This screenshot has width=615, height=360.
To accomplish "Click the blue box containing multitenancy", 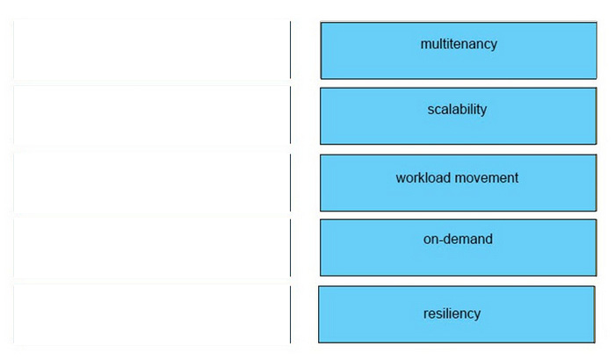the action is (459, 51).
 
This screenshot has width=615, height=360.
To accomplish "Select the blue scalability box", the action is (458, 116).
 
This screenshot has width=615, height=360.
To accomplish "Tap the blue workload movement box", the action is (458, 183).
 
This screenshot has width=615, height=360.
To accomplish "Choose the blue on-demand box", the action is (458, 248).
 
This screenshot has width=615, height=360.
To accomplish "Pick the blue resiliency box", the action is (457, 314).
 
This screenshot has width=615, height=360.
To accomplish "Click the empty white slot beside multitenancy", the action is (152, 50).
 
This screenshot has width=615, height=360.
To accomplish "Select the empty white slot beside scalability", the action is (152, 115).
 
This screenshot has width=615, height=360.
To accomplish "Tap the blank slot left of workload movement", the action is (152, 183).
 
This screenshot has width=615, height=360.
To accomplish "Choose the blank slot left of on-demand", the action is (152, 248).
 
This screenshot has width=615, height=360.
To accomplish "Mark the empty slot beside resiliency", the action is (152, 314).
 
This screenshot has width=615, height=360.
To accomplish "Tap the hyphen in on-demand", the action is (442, 240).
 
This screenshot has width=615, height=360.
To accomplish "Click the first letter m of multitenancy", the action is (426, 45).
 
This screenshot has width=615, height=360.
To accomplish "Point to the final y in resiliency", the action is (477, 316).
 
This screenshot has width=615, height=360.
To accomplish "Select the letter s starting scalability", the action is (430, 111).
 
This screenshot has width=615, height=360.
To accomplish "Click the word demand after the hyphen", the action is (468, 239).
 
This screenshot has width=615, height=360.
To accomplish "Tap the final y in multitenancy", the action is (494, 46).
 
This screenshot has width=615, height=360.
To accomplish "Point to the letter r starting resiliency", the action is (425, 314).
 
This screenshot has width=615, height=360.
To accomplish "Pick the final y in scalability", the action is (483, 112).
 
